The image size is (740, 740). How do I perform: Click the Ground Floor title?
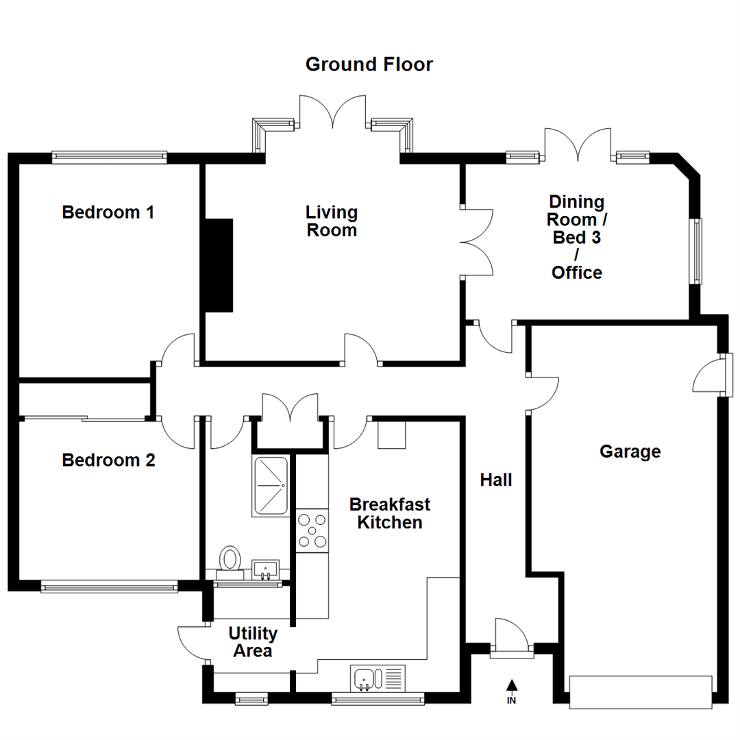[369, 65]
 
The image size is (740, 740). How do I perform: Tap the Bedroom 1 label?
[108, 212]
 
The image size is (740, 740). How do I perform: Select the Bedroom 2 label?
[108, 460]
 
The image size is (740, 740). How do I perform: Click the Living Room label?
[332, 221]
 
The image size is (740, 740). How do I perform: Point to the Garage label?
[630, 452]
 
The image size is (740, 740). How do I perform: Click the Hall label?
[495, 480]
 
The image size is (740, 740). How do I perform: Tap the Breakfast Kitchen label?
[390, 513]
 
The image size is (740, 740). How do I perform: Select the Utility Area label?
[253, 641]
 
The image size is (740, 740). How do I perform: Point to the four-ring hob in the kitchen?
[312, 530]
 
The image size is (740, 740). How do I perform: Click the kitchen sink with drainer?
[378, 678]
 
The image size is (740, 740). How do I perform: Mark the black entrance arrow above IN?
[511, 684]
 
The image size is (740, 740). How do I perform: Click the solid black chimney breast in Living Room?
[219, 266]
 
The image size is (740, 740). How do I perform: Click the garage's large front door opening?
[641, 692]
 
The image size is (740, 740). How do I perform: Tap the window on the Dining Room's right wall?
[697, 251]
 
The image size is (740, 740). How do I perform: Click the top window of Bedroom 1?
[110, 157]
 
